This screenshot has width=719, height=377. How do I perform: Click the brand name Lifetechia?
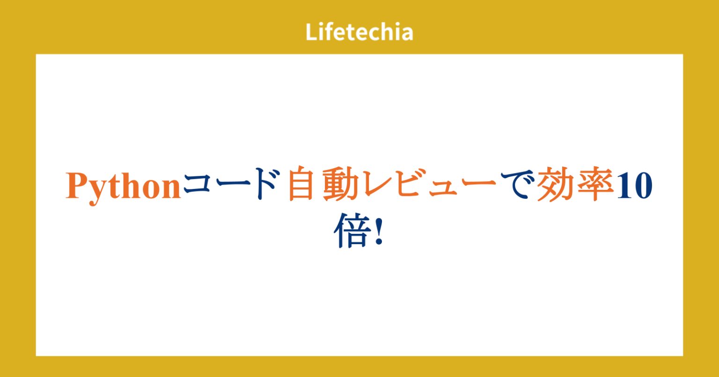tap(359, 32)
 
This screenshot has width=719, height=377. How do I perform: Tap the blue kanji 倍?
tap(350, 232)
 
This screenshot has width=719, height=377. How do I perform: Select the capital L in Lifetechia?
tap(311, 32)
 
